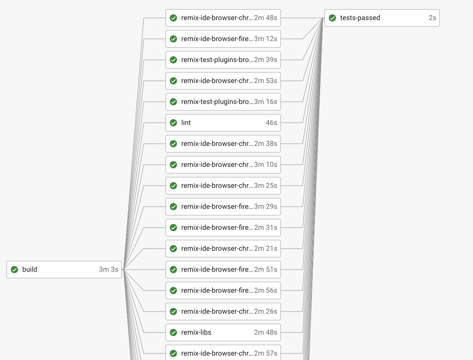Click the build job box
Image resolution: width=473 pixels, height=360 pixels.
coord(64,270)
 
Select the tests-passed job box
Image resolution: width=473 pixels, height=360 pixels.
coord(382,18)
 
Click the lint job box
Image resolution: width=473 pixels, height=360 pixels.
coord(223,123)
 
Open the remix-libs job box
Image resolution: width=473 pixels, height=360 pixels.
coord(223,332)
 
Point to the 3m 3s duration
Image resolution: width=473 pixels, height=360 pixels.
coord(108,270)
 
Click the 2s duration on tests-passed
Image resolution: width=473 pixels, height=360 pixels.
coord(432,18)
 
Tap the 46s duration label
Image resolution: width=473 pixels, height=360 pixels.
coord(271,123)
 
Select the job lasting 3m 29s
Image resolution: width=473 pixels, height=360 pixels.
coord(223,207)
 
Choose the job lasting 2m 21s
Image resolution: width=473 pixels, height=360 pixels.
coord(223,249)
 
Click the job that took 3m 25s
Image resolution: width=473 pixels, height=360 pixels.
coord(223,186)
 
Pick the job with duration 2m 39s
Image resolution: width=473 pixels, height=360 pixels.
coord(223,60)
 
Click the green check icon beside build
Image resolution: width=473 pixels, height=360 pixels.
coord(14,270)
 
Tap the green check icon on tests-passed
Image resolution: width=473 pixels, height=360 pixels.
coord(332,18)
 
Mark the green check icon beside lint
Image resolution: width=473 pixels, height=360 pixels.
coord(173,123)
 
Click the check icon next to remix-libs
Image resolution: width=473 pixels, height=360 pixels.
coord(173,332)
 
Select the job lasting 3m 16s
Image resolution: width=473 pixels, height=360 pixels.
coord(223,102)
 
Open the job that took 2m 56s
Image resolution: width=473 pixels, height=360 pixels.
coord(223,291)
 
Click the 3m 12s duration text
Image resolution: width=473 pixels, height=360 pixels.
coord(266,39)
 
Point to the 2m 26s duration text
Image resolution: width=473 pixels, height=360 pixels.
coord(266,312)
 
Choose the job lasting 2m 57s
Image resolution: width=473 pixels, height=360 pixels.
coord(223,353)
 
